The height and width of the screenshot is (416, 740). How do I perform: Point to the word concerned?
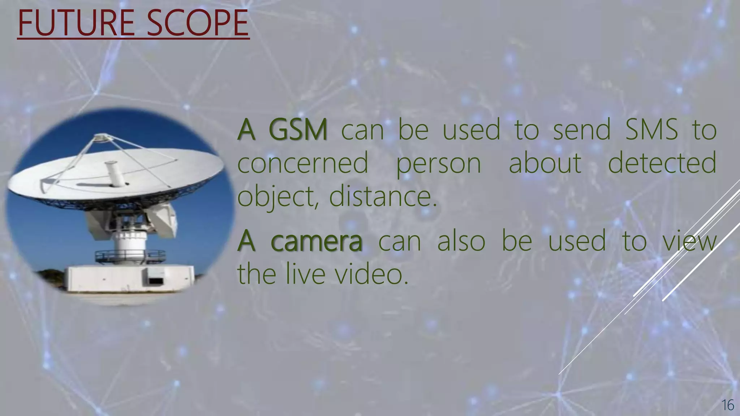click(303, 163)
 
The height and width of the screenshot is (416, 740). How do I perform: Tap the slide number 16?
click(728, 405)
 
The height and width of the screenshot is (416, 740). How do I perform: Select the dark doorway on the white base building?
click(155, 281)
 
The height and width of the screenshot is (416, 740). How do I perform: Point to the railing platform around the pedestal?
click(130, 256)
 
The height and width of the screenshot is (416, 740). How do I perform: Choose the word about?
click(545, 163)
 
